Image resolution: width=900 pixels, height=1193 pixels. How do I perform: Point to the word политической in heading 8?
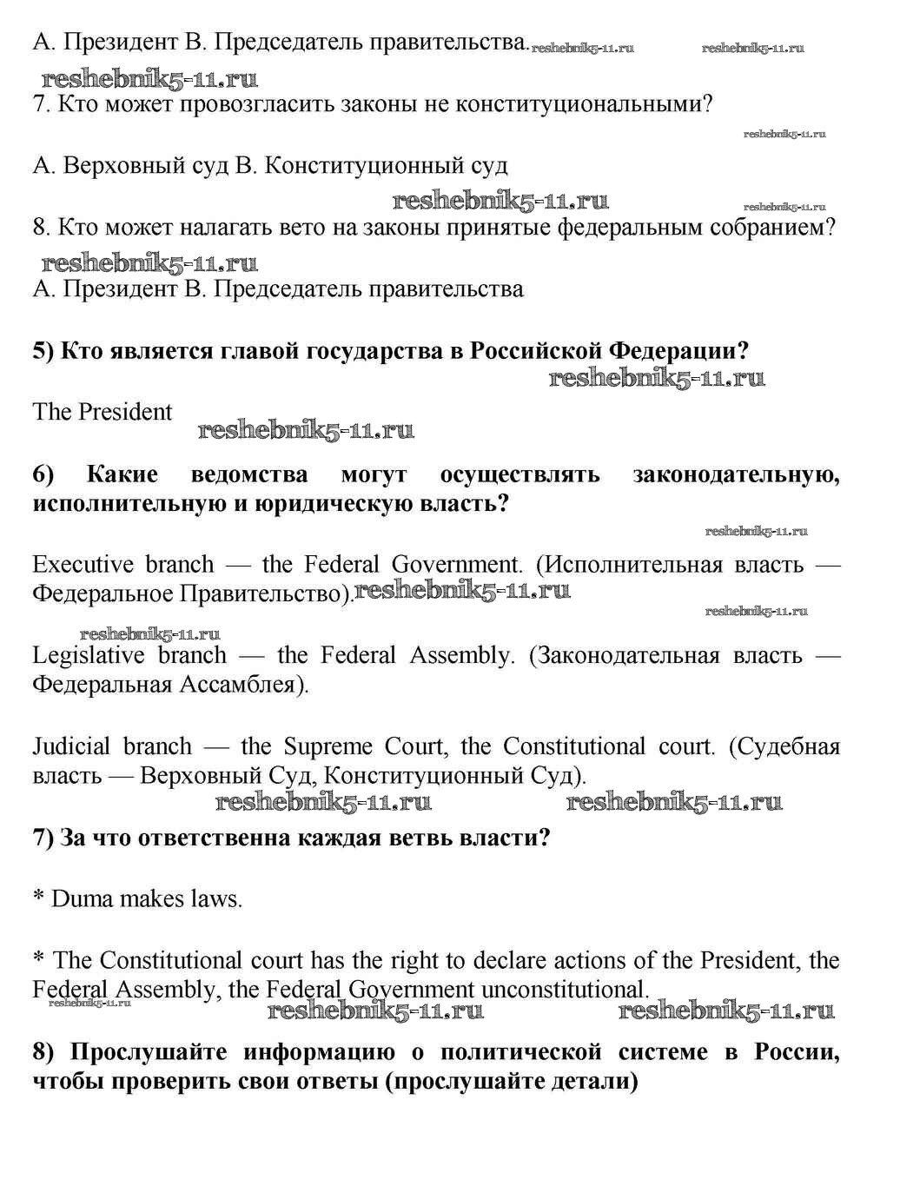[520, 1052]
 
